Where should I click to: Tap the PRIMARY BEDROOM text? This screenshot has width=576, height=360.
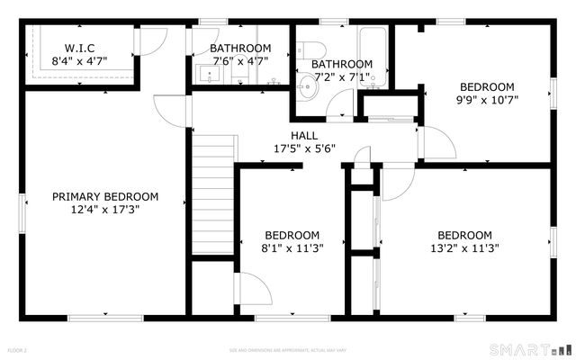pyautogui.click(x=105, y=196)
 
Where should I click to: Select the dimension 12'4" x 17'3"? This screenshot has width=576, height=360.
pyautogui.click(x=105, y=209)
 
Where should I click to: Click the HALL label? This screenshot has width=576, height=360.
pyautogui.click(x=303, y=135)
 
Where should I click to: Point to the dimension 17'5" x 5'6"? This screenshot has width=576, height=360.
pyautogui.click(x=303, y=148)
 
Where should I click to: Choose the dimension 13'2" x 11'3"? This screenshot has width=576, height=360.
pyautogui.click(x=464, y=247)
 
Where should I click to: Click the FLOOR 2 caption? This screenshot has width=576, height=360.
pyautogui.click(x=18, y=349)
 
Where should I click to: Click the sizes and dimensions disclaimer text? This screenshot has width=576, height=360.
pyautogui.click(x=287, y=349)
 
